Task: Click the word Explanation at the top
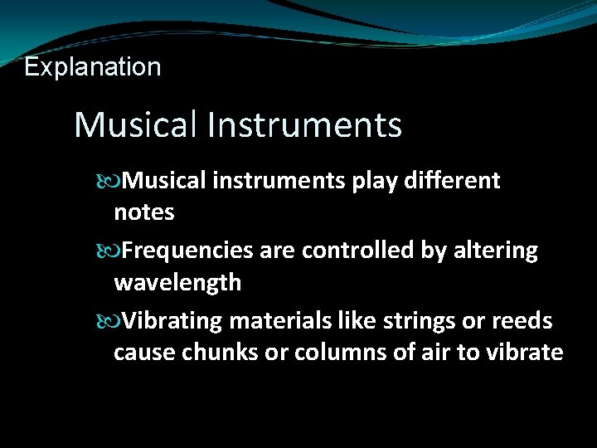tap(93, 67)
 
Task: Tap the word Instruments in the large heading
tap(305, 125)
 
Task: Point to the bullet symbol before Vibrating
tap(114, 320)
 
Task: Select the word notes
tap(143, 212)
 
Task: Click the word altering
tap(498, 251)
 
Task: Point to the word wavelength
tap(177, 283)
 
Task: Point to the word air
tap(435, 353)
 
